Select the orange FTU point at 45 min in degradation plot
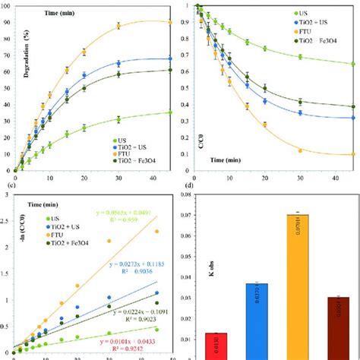pos(169,23)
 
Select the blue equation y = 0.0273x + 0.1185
pos(134,268)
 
